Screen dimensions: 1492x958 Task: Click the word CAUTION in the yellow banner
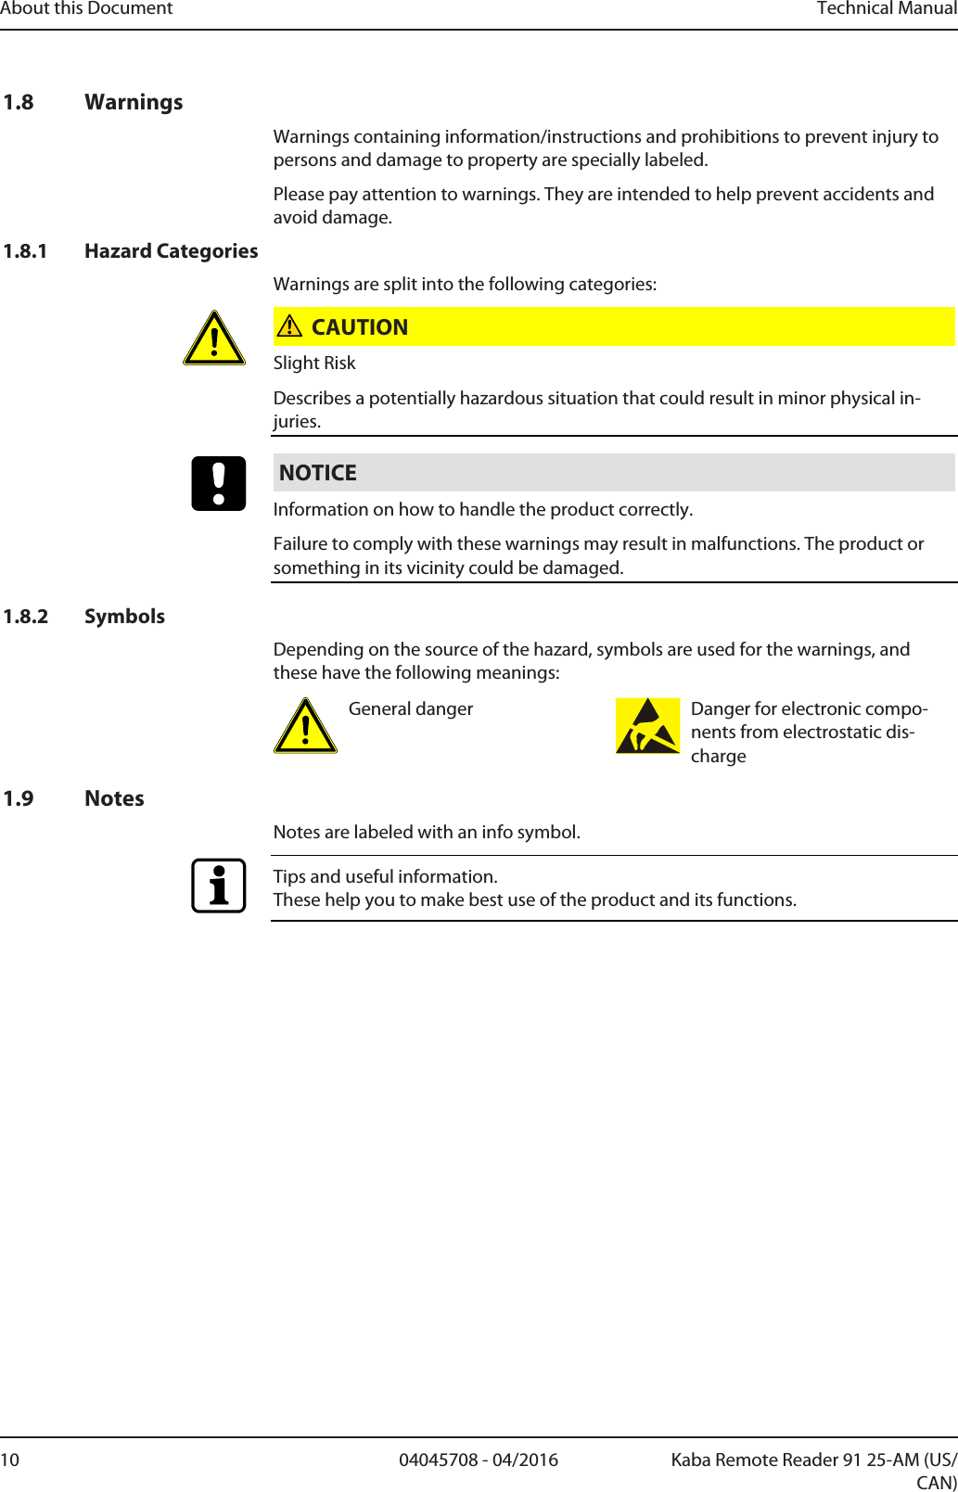(360, 327)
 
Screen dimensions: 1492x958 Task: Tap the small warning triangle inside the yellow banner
(289, 326)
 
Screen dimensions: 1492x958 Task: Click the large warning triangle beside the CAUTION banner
(214, 339)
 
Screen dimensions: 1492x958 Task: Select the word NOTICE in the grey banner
(318, 473)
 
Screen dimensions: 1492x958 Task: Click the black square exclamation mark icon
(219, 483)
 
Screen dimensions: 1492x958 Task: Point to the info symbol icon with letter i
(219, 886)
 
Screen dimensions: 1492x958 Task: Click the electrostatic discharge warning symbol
(647, 726)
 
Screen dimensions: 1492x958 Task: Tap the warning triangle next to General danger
(305, 726)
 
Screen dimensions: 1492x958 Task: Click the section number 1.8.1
(25, 251)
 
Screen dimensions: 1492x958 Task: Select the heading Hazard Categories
(171, 251)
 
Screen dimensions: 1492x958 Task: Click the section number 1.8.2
(25, 617)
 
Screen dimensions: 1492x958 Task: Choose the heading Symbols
(124, 617)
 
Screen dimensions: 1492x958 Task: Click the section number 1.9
(19, 798)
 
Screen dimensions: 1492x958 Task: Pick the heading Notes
(114, 798)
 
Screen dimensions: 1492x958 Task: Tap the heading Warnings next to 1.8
(134, 102)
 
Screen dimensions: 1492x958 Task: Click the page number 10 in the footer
(9, 1460)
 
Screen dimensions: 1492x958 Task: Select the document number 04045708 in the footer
(439, 1460)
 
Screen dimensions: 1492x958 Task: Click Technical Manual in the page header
(886, 8)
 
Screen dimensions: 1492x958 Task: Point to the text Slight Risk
(314, 363)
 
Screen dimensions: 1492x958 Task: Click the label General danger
(410, 709)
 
